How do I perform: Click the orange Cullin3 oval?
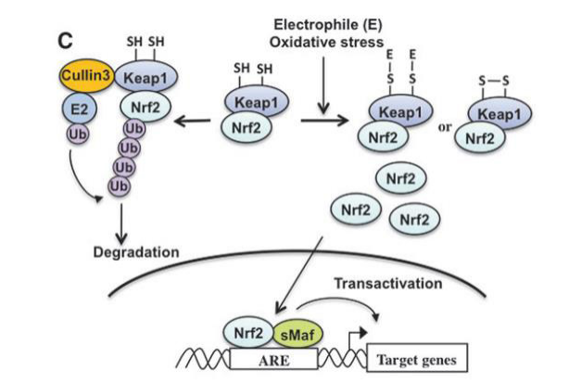[x=85, y=74]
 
